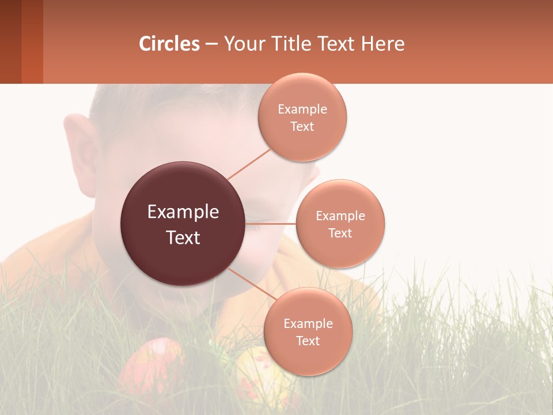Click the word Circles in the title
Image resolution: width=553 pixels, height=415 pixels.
(x=169, y=44)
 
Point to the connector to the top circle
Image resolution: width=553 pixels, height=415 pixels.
(x=249, y=164)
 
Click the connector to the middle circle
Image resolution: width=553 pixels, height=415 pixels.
(x=270, y=224)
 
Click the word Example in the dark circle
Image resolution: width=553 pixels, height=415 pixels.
(x=183, y=212)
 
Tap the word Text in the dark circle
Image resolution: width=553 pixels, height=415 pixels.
(x=183, y=237)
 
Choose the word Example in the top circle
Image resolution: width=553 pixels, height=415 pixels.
(x=302, y=110)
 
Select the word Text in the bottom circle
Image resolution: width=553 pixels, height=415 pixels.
(x=308, y=341)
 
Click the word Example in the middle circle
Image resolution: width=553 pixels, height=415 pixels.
(x=340, y=216)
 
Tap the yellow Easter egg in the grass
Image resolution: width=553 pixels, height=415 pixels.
(x=259, y=375)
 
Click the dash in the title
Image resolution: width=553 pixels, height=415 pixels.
(x=211, y=44)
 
